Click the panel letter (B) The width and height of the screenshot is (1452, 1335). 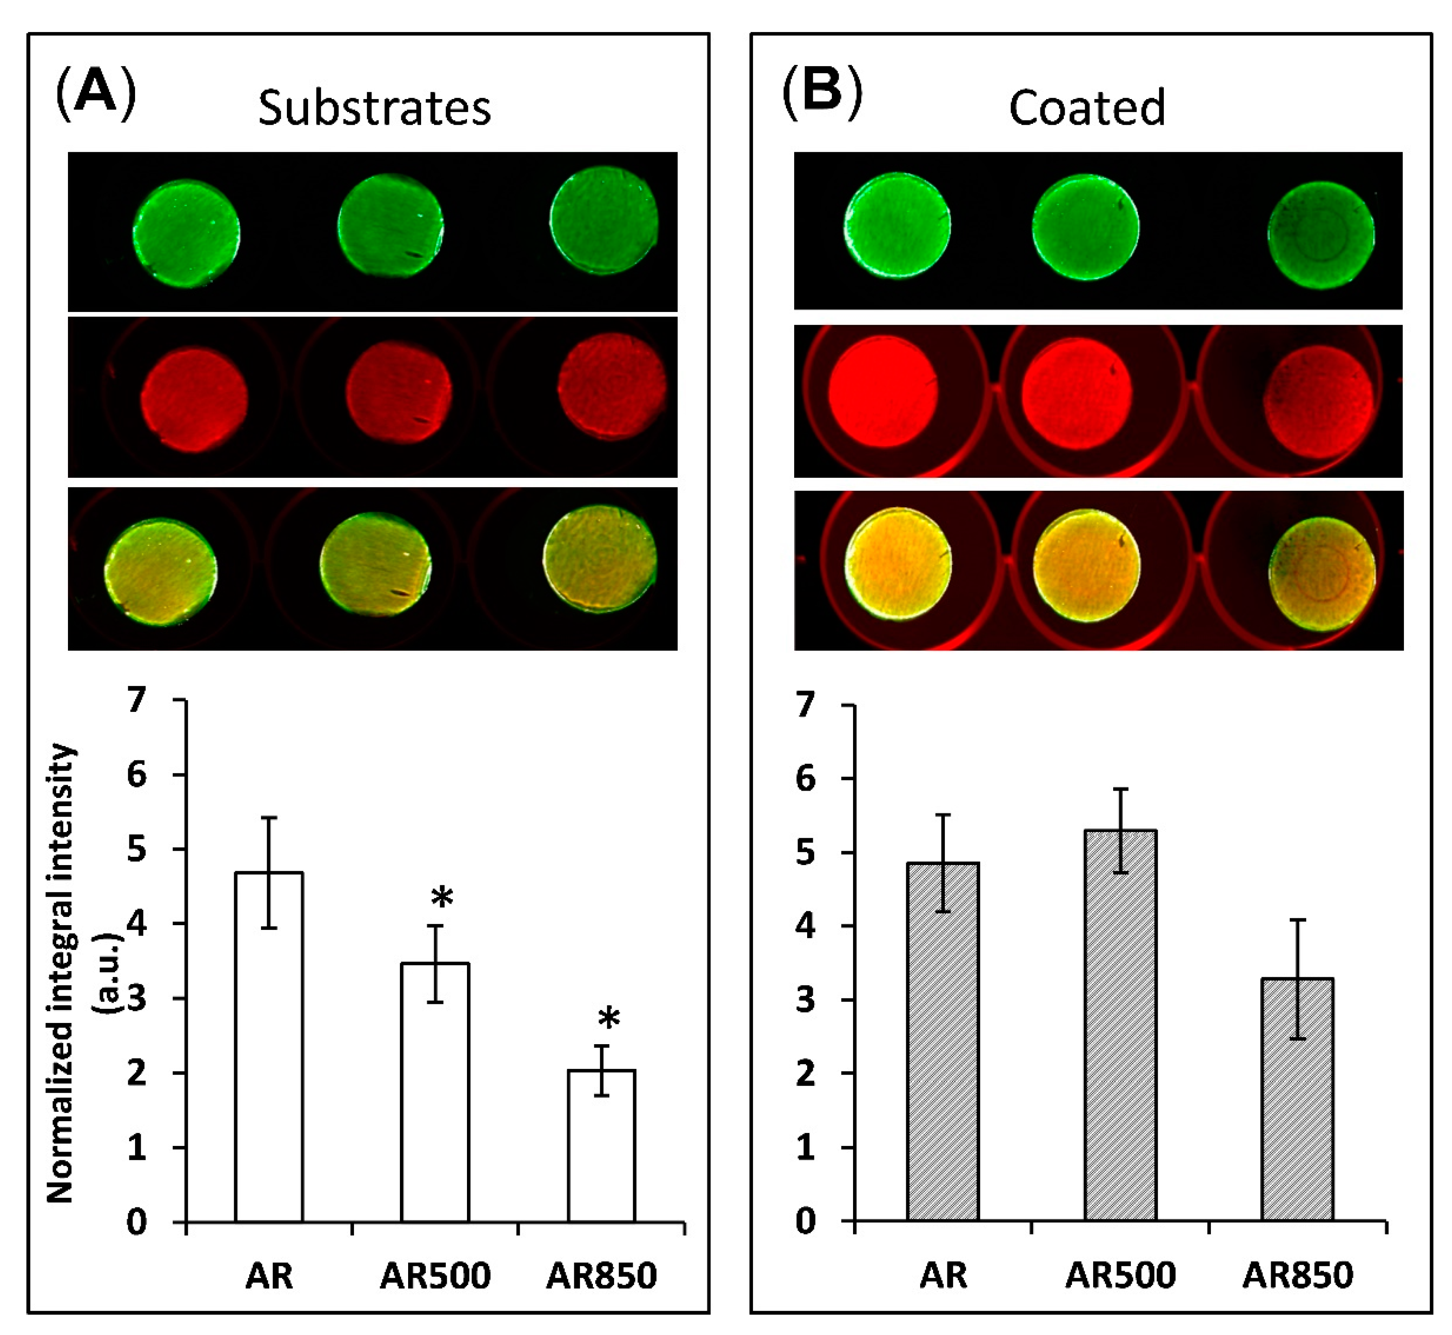(821, 93)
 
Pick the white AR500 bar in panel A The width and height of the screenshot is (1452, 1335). (435, 1091)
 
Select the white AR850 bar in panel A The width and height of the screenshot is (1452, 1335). (601, 1145)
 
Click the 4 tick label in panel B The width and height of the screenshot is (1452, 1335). (805, 926)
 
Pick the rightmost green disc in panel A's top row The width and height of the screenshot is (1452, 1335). (604, 220)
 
